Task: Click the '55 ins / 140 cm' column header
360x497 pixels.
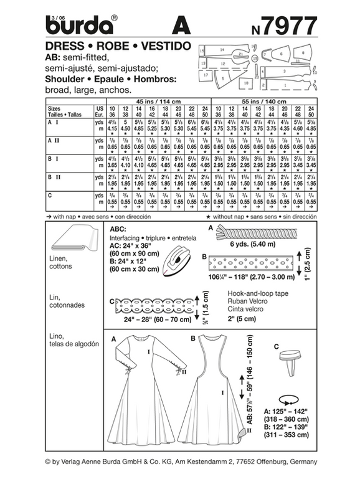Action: coord(267,100)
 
